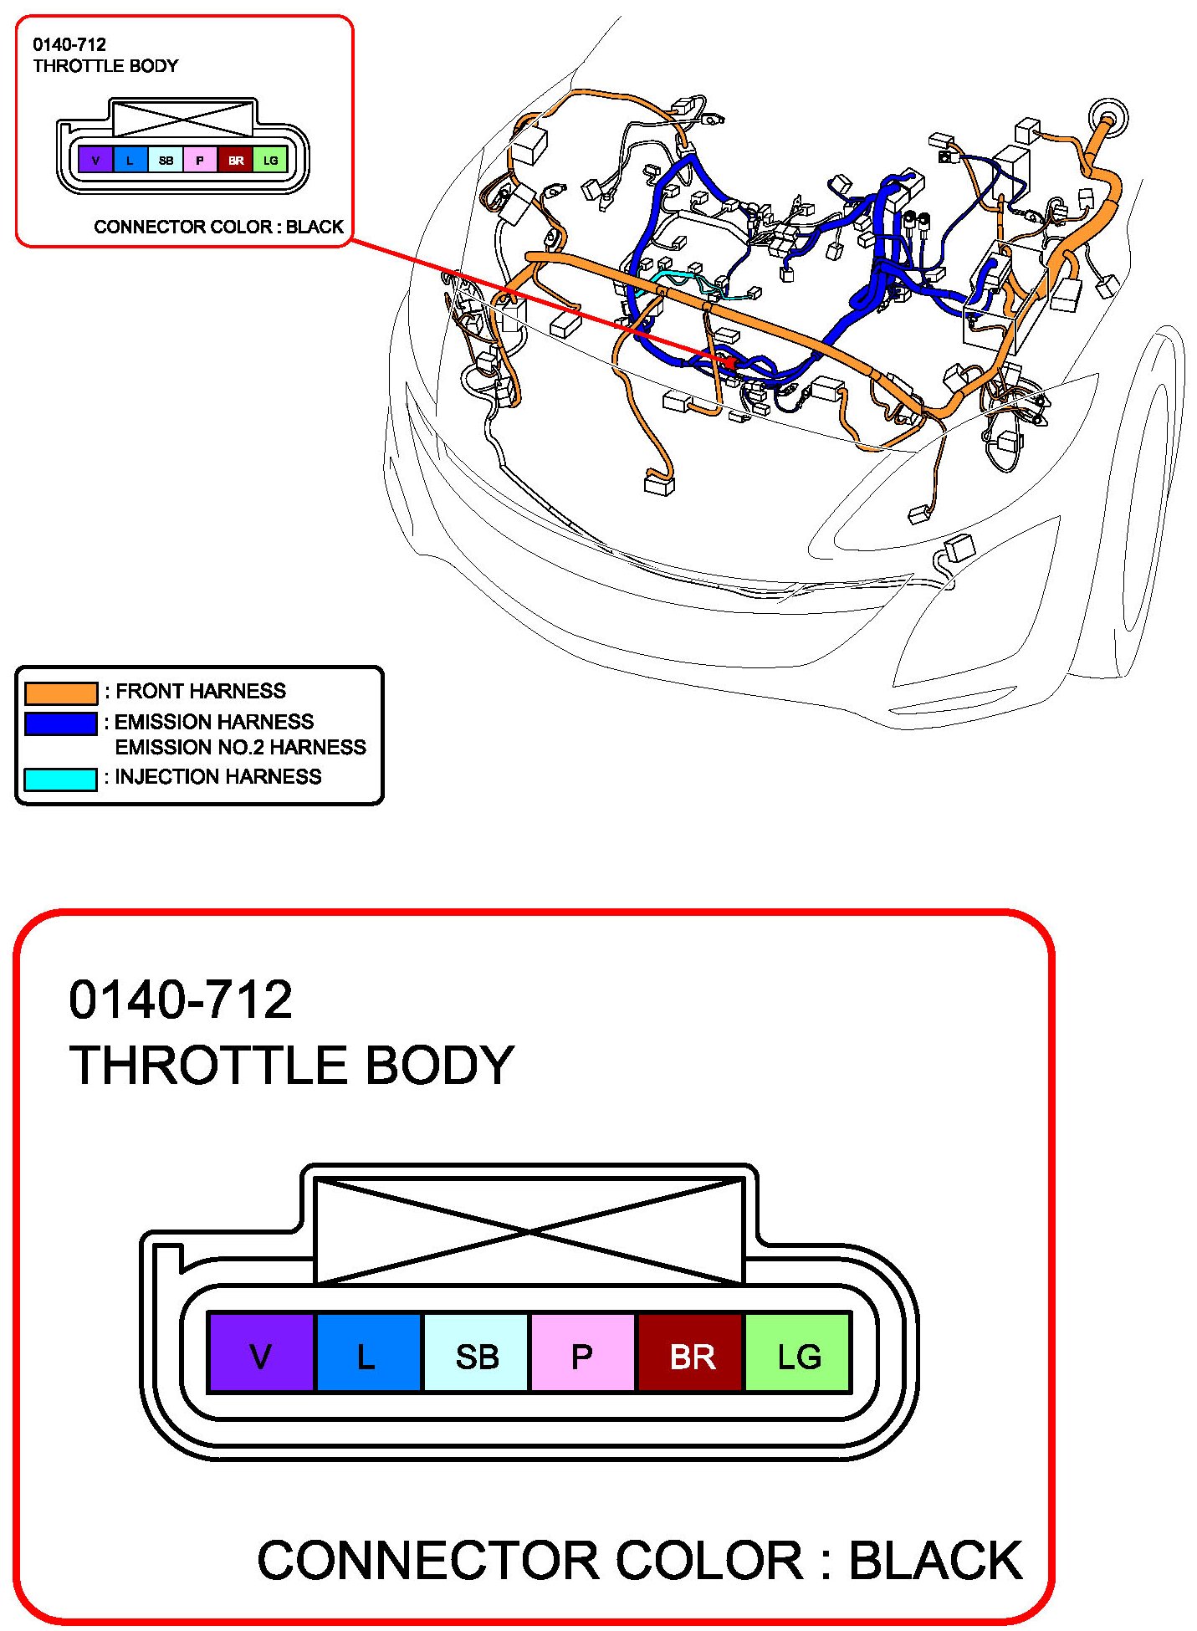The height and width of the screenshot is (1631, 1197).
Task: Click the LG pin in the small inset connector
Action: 270,160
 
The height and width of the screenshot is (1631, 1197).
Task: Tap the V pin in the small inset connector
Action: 95,160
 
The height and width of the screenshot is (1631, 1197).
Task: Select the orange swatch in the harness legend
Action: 60,693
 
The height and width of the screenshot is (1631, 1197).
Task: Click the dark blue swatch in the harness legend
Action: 60,723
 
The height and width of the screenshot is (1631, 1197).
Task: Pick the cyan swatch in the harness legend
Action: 60,779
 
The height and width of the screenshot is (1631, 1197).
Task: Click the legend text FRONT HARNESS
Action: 200,691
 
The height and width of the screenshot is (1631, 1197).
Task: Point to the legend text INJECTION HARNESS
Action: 217,777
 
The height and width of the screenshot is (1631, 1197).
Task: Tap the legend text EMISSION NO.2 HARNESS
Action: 240,747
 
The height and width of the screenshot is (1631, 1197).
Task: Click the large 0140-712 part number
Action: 181,1000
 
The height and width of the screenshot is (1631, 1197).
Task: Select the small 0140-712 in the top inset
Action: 69,45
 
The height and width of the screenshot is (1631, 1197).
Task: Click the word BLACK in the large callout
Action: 935,1561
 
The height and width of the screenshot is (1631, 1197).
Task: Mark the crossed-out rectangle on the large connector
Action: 529,1230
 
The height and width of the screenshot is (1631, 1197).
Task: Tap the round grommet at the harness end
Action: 1108,115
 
